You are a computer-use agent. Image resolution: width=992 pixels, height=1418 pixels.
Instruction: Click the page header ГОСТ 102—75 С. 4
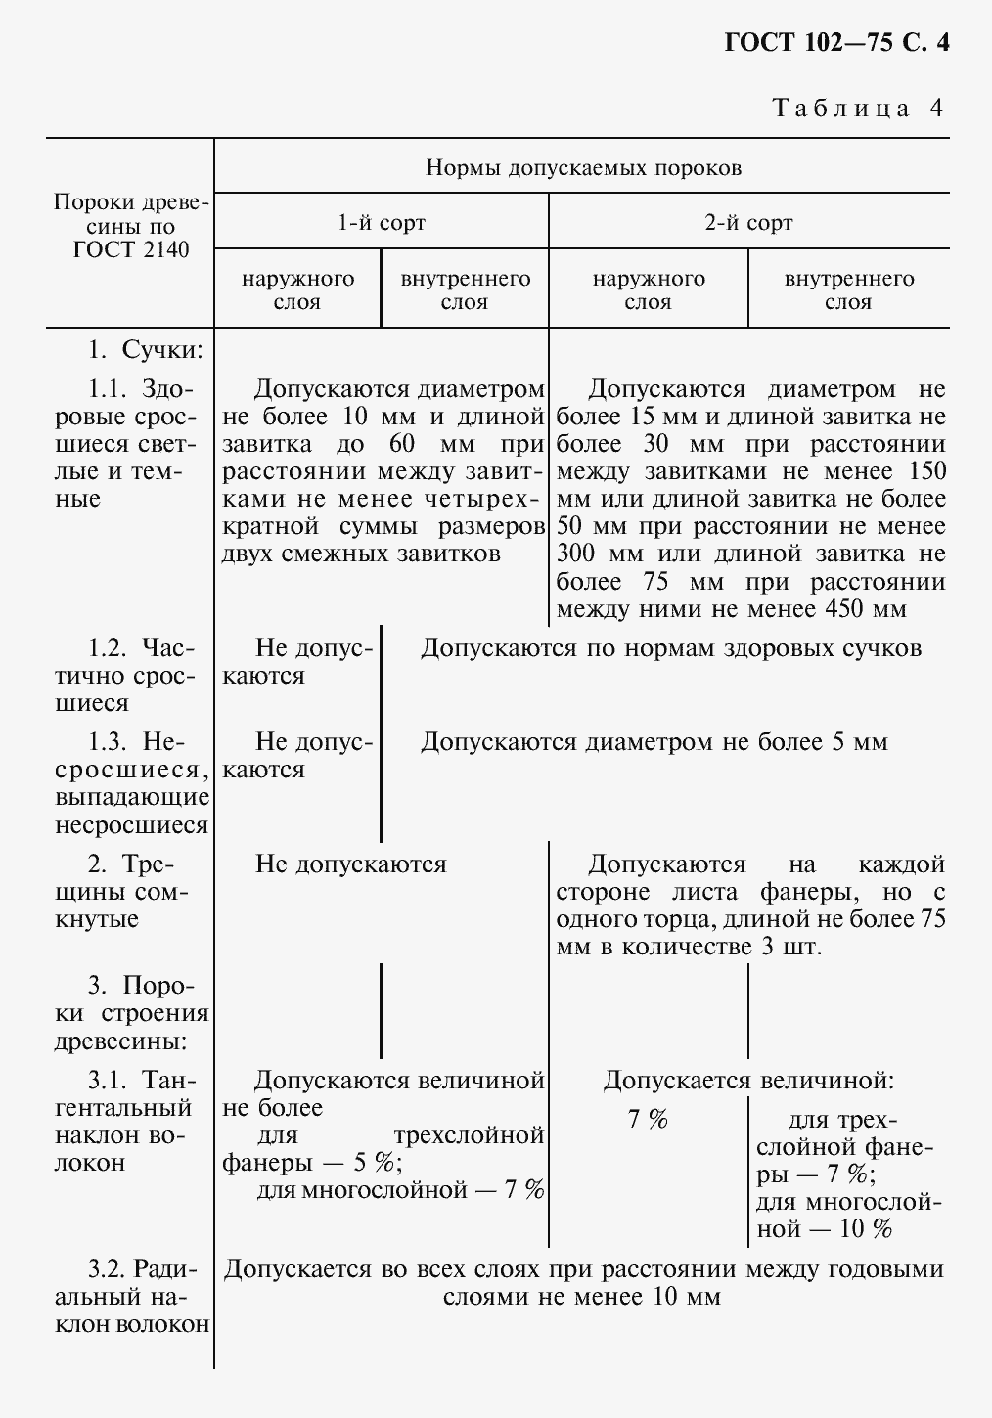(836, 44)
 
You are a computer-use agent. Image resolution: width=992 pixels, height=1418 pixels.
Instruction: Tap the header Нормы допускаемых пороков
(583, 168)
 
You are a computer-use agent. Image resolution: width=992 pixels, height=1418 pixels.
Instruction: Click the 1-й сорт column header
(382, 223)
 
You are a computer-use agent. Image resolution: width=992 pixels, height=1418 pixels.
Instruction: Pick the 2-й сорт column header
(748, 223)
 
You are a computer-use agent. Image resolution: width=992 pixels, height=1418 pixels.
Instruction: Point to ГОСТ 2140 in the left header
(131, 250)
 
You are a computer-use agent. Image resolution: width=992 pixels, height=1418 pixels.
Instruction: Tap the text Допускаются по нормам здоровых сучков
(671, 648)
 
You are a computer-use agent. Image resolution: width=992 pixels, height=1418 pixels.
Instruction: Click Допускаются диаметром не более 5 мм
(654, 742)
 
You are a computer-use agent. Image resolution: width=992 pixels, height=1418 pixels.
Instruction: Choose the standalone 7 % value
(648, 1120)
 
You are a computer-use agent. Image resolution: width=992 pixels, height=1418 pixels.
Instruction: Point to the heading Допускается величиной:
(748, 1081)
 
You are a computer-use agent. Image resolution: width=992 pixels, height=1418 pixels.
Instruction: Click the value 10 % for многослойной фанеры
(866, 1229)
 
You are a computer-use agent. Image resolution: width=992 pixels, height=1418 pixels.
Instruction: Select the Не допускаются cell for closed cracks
(350, 864)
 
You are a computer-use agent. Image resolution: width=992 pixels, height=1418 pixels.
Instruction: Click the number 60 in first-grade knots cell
(402, 444)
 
